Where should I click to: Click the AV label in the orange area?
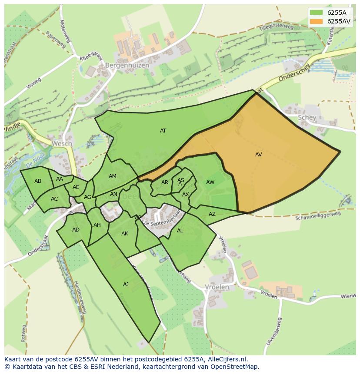click(258, 155)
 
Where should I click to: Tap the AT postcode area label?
click(163, 131)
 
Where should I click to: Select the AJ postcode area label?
click(126, 285)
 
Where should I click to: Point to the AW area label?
click(210, 182)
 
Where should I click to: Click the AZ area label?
click(212, 214)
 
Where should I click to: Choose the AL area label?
click(180, 231)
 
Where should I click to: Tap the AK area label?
click(125, 234)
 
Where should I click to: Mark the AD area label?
click(76, 230)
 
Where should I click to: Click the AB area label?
click(38, 181)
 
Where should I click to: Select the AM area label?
click(112, 176)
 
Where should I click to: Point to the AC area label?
click(54, 199)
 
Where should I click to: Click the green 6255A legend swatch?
click(317, 13)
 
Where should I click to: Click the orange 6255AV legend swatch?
click(317, 21)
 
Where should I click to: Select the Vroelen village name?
click(217, 287)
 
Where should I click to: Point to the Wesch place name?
click(61, 143)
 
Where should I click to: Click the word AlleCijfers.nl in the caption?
click(225, 359)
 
